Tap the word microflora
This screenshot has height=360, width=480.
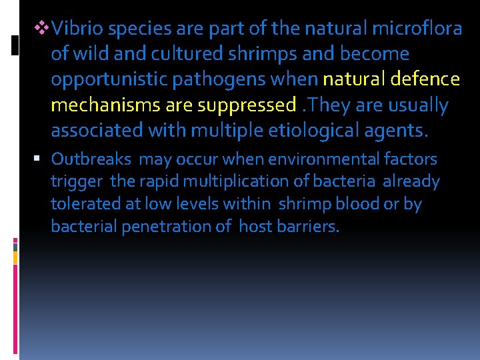418,28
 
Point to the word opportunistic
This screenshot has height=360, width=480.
109,79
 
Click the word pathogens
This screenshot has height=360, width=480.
212,79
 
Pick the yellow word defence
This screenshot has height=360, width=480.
427,79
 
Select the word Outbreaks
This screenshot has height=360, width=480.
92,159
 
